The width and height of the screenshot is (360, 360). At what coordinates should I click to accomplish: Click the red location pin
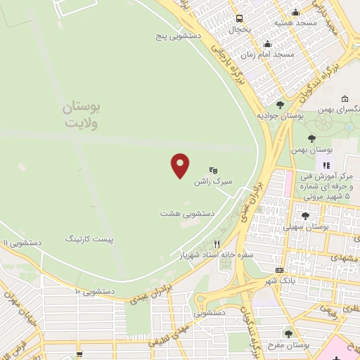pos(181,166)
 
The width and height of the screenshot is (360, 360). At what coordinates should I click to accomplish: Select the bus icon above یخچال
pos(240,19)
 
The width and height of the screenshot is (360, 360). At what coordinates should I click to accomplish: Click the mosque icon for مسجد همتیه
pos(295,12)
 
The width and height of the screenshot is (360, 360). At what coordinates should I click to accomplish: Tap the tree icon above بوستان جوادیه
pos(280,105)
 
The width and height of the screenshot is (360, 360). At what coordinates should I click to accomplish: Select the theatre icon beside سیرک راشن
pos(214,170)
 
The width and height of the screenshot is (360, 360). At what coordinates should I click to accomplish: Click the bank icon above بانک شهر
pos(280,270)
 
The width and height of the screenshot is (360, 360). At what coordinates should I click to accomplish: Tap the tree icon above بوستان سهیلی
pos(305,216)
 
